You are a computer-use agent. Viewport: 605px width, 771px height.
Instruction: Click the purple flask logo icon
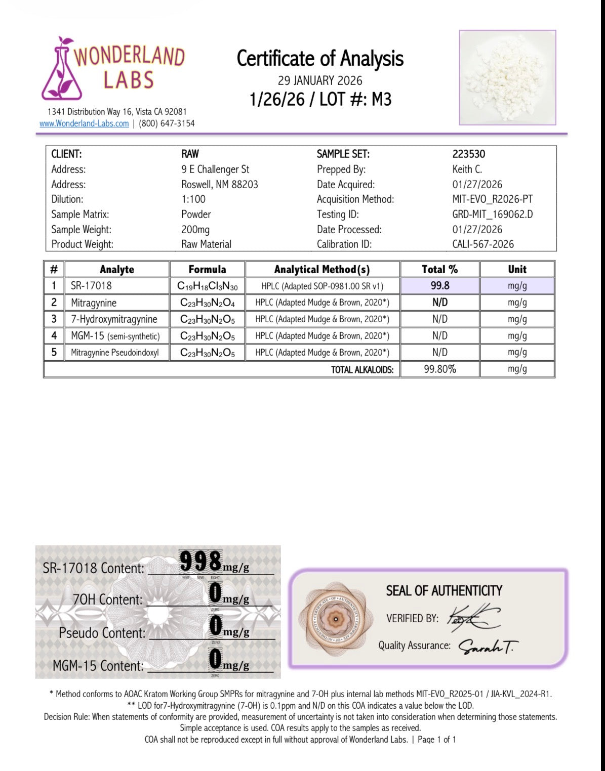(61, 69)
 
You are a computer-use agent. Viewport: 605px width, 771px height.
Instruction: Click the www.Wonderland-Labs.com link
(84, 123)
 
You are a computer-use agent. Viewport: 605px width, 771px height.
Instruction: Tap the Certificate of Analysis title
(320, 59)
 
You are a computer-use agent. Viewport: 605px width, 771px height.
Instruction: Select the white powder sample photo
(507, 77)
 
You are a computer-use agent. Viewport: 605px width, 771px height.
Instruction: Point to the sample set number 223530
(469, 154)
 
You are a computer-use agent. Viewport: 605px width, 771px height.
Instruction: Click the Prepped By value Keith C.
(467, 169)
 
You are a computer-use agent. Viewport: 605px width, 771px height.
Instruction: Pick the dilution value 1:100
(193, 199)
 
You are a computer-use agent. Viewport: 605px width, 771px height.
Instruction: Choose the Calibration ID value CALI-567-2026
(483, 244)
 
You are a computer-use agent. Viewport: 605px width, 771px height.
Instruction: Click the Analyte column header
(117, 269)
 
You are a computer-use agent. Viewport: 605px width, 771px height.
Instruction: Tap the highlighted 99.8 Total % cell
(440, 285)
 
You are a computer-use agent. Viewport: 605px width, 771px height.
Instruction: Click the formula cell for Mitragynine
(207, 303)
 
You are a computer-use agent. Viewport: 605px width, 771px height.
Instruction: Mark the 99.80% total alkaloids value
(440, 369)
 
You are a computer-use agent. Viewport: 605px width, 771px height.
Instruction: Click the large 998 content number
(201, 561)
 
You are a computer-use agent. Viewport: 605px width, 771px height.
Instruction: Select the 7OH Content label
(107, 599)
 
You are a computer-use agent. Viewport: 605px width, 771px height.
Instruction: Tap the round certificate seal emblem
(335, 618)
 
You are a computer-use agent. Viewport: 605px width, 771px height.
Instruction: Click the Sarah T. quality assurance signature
(488, 647)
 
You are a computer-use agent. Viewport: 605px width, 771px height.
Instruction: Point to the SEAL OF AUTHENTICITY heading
(443, 591)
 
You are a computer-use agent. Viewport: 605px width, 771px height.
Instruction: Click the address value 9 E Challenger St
(215, 169)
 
